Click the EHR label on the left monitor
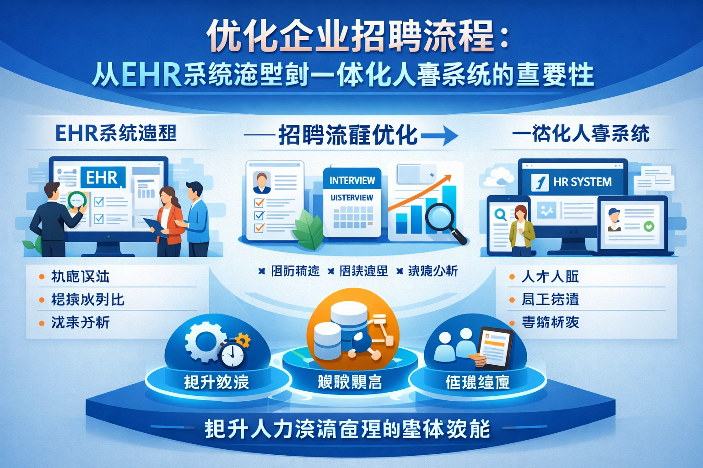[102, 177]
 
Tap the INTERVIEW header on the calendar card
[352, 181]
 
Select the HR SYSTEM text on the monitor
[582, 182]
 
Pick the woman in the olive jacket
[521, 231]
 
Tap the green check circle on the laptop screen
[649, 226]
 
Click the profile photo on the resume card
[262, 182]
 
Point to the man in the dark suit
[54, 219]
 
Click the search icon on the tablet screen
[500, 214]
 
